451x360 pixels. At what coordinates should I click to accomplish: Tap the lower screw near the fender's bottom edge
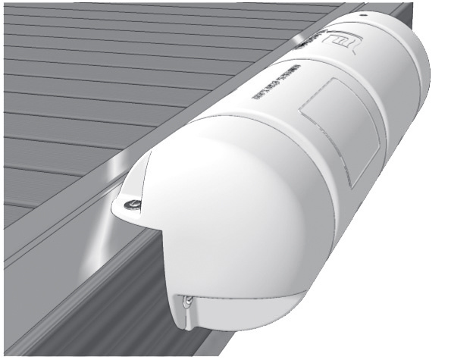(x=187, y=301)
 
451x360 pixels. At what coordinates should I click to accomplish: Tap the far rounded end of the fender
(x=409, y=68)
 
